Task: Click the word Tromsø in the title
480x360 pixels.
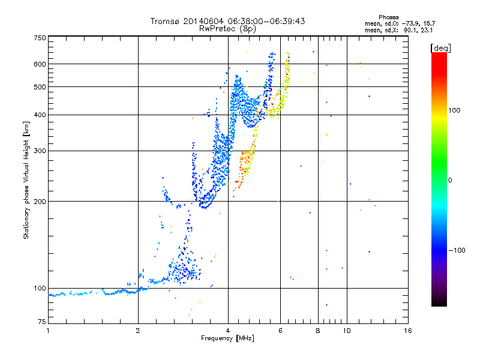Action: coord(163,21)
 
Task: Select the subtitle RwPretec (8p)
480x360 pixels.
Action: coord(228,28)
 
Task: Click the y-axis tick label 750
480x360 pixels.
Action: coord(40,38)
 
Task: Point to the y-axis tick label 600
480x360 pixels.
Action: coord(40,64)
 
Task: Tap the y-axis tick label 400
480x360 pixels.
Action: coord(40,115)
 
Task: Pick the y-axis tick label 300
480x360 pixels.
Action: coord(40,151)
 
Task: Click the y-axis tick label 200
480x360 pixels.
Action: coord(40,202)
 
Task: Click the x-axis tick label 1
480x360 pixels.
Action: coord(48,331)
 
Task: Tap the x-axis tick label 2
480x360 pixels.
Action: coord(138,331)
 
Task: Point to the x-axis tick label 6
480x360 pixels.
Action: coord(281,331)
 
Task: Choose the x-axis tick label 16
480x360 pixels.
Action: coord(407,331)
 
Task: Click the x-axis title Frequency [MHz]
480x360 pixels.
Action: coord(227,338)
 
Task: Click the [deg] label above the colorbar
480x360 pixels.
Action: coord(441,47)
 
